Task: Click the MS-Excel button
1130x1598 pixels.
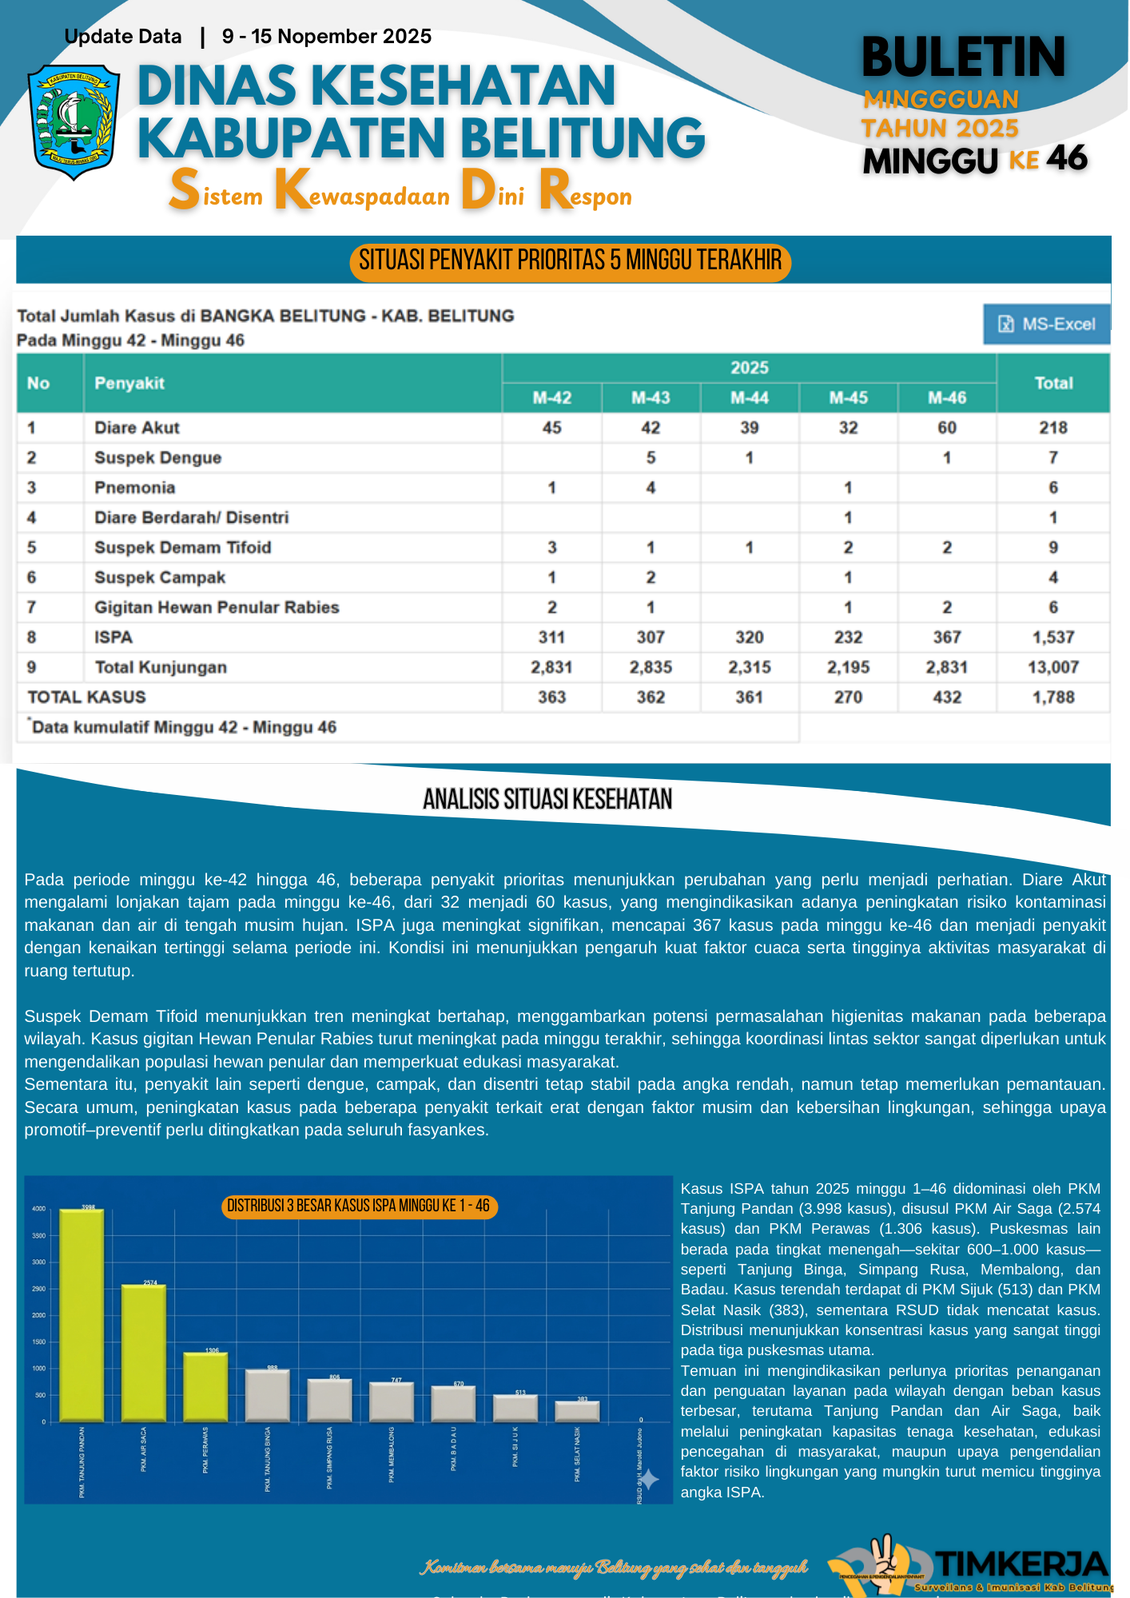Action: point(1046,324)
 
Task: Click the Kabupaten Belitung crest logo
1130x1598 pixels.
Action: point(74,121)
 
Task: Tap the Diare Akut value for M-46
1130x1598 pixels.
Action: point(946,427)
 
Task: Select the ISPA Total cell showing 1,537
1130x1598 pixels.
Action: point(1052,637)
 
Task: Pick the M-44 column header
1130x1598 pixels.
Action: point(749,397)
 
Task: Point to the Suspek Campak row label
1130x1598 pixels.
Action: point(160,577)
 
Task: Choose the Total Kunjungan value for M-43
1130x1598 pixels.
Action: point(651,667)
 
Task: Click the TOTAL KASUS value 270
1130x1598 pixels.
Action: point(848,697)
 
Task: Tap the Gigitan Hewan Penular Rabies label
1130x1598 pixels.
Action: point(217,607)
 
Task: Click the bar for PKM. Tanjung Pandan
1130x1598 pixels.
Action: point(82,1314)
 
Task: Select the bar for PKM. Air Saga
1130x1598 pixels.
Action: point(144,1352)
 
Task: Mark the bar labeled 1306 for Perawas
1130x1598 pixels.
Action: point(205,1386)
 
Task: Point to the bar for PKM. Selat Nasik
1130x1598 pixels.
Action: point(577,1411)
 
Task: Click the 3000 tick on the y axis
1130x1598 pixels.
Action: point(38,1262)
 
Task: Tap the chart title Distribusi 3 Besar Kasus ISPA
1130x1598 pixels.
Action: point(358,1206)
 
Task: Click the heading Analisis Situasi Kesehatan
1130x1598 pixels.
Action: point(547,799)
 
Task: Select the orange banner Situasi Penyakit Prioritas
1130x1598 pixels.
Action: point(570,260)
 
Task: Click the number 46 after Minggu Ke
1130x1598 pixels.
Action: point(1067,158)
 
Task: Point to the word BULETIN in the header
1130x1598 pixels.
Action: point(964,58)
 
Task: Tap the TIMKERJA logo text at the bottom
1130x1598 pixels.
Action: point(1021,1564)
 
